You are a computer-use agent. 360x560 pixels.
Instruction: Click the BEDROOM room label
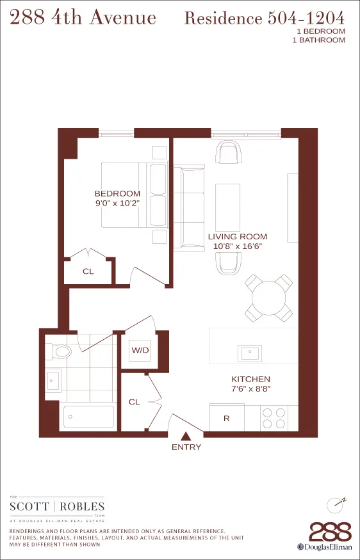117,194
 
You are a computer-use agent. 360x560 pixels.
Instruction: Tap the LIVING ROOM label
237,236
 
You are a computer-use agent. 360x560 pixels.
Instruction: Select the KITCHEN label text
250,379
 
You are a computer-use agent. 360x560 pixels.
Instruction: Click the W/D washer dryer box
140,350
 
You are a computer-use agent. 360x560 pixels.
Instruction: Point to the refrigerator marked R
226,419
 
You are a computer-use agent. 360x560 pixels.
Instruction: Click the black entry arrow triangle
186,436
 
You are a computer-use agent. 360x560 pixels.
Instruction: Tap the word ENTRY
186,447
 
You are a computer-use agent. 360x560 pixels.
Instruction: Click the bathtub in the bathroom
88,417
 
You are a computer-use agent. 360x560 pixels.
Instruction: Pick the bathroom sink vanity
53,380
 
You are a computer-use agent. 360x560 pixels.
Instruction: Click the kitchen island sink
250,352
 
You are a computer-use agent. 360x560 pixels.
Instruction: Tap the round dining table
269,298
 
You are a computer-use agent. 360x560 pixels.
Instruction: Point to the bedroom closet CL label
88,271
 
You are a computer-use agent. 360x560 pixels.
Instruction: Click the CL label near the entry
134,402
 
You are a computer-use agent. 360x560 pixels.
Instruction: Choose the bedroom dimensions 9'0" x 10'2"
117,204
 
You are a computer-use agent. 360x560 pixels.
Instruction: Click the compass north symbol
337,504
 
